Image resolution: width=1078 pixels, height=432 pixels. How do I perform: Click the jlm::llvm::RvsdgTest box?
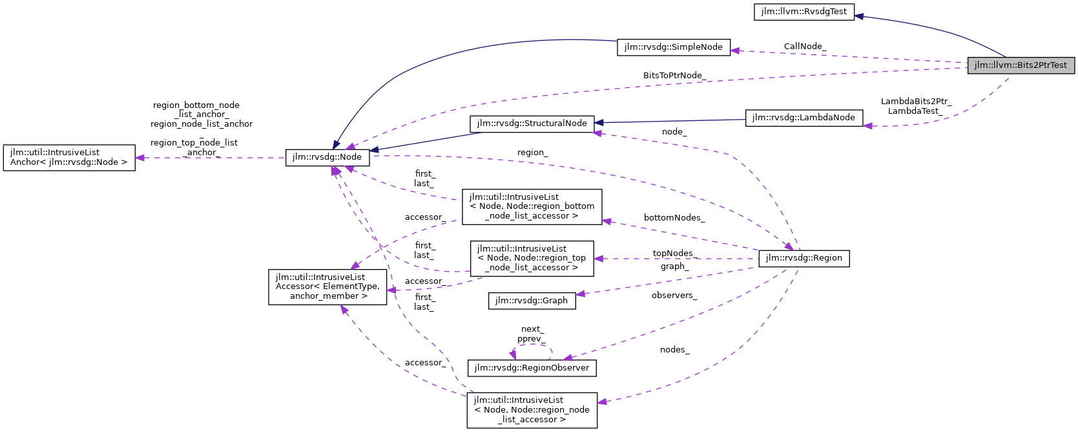pyautogui.click(x=803, y=12)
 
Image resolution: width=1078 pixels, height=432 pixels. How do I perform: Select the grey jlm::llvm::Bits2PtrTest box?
pyautogui.click(x=1021, y=65)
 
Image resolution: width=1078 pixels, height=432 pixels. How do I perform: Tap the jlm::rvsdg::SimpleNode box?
pyautogui.click(x=673, y=47)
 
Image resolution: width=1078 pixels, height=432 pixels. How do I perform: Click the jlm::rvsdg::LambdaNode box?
pyautogui.click(x=803, y=118)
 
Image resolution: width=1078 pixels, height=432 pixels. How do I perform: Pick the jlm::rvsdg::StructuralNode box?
pyautogui.click(x=532, y=124)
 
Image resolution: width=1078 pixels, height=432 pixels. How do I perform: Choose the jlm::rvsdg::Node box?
pyautogui.click(x=327, y=157)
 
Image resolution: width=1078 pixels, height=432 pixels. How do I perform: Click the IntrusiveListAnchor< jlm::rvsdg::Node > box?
pyautogui.click(x=69, y=157)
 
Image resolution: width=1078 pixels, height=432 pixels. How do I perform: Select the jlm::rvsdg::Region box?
pyautogui.click(x=803, y=258)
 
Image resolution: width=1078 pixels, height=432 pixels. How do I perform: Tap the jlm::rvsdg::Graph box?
pyautogui.click(x=532, y=301)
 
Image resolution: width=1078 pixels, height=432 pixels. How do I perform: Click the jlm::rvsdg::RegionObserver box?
pyautogui.click(x=532, y=368)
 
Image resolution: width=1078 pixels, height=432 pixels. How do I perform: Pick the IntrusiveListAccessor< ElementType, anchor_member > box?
pyautogui.click(x=328, y=286)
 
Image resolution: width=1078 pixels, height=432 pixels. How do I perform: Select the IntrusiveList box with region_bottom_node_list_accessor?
pyautogui.click(x=532, y=206)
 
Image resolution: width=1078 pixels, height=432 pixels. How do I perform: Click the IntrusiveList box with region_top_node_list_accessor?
pyautogui.click(x=532, y=258)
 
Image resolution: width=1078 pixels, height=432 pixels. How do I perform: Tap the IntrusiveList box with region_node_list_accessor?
pyautogui.click(x=532, y=410)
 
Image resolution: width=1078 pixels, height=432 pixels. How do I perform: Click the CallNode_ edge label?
pyautogui.click(x=804, y=47)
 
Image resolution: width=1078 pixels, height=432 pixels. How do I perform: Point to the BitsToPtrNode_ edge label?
pyautogui.click(x=674, y=76)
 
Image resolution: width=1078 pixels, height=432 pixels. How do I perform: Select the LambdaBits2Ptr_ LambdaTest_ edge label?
pyautogui.click(x=915, y=106)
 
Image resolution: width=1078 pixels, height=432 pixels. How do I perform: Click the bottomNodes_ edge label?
pyautogui.click(x=674, y=218)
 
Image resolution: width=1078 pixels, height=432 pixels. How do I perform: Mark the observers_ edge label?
pyautogui.click(x=674, y=296)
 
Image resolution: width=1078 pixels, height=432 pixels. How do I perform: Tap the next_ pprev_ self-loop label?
pyautogui.click(x=531, y=334)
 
